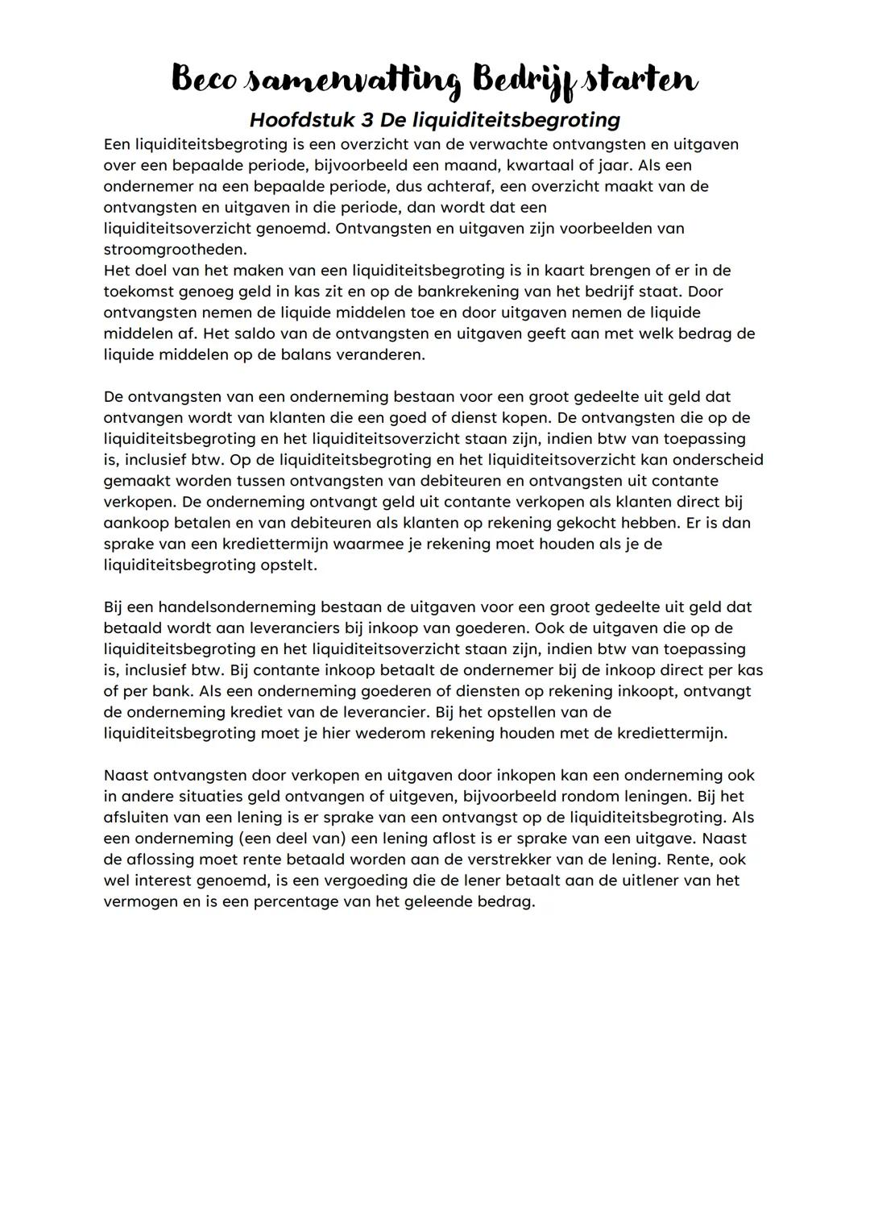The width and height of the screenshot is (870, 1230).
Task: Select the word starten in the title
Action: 640,80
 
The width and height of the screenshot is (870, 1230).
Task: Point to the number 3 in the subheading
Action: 367,120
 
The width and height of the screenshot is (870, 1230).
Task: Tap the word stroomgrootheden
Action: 174,250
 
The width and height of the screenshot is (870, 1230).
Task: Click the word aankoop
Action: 134,523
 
